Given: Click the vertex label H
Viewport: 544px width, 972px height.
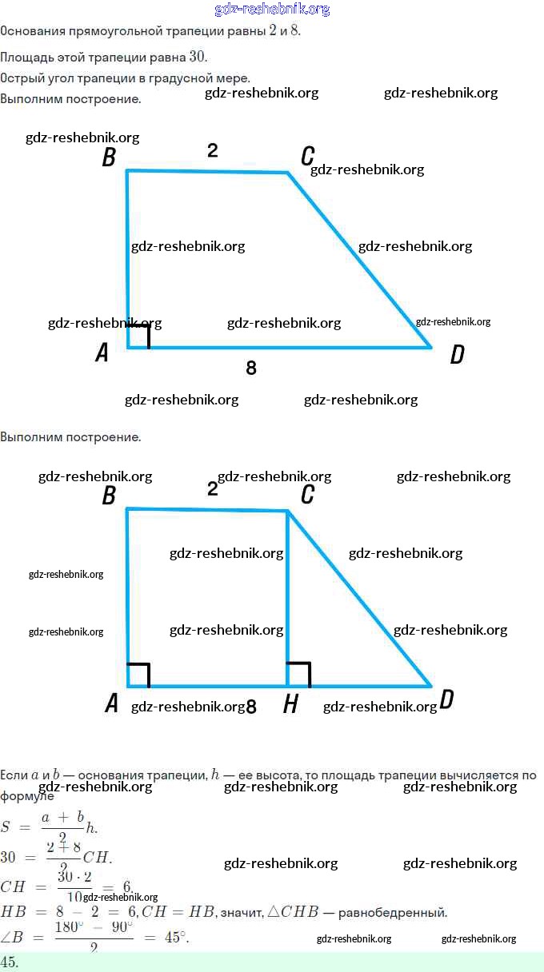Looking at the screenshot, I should (291, 704).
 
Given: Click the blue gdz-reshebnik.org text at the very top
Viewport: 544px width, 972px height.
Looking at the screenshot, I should (272, 10).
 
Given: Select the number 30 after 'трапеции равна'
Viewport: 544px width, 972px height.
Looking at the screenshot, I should (198, 56).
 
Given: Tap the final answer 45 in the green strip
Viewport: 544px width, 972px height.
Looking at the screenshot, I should (10, 962).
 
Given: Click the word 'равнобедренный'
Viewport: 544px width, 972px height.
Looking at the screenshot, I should (398, 912).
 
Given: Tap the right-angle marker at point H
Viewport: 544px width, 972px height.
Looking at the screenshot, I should (298, 674).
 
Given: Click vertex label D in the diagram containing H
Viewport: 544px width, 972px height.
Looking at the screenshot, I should (446, 700).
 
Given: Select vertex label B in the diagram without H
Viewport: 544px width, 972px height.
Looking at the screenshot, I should (109, 158).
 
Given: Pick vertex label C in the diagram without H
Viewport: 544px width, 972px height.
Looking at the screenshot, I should (307, 157).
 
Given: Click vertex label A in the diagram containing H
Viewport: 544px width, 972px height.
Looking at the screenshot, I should (112, 703).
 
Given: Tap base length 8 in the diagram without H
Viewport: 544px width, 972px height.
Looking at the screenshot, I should (251, 368).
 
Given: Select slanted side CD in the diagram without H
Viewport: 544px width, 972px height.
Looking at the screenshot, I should (360, 261).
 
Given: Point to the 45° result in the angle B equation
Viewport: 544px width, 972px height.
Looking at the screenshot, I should (176, 937).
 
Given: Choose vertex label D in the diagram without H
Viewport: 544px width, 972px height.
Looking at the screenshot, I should (457, 355).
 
